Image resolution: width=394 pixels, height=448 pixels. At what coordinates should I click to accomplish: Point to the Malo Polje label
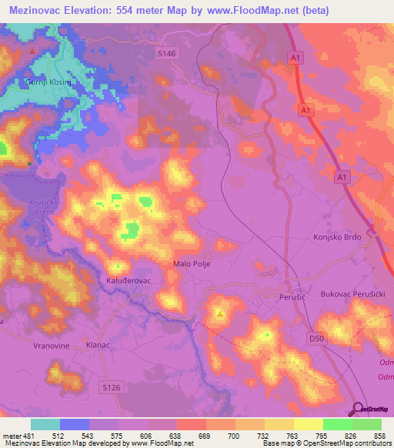(192, 263)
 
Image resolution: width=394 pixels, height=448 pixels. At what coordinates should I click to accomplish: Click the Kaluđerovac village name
(127, 281)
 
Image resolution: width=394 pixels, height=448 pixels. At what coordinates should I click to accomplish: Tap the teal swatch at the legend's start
(45, 424)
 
